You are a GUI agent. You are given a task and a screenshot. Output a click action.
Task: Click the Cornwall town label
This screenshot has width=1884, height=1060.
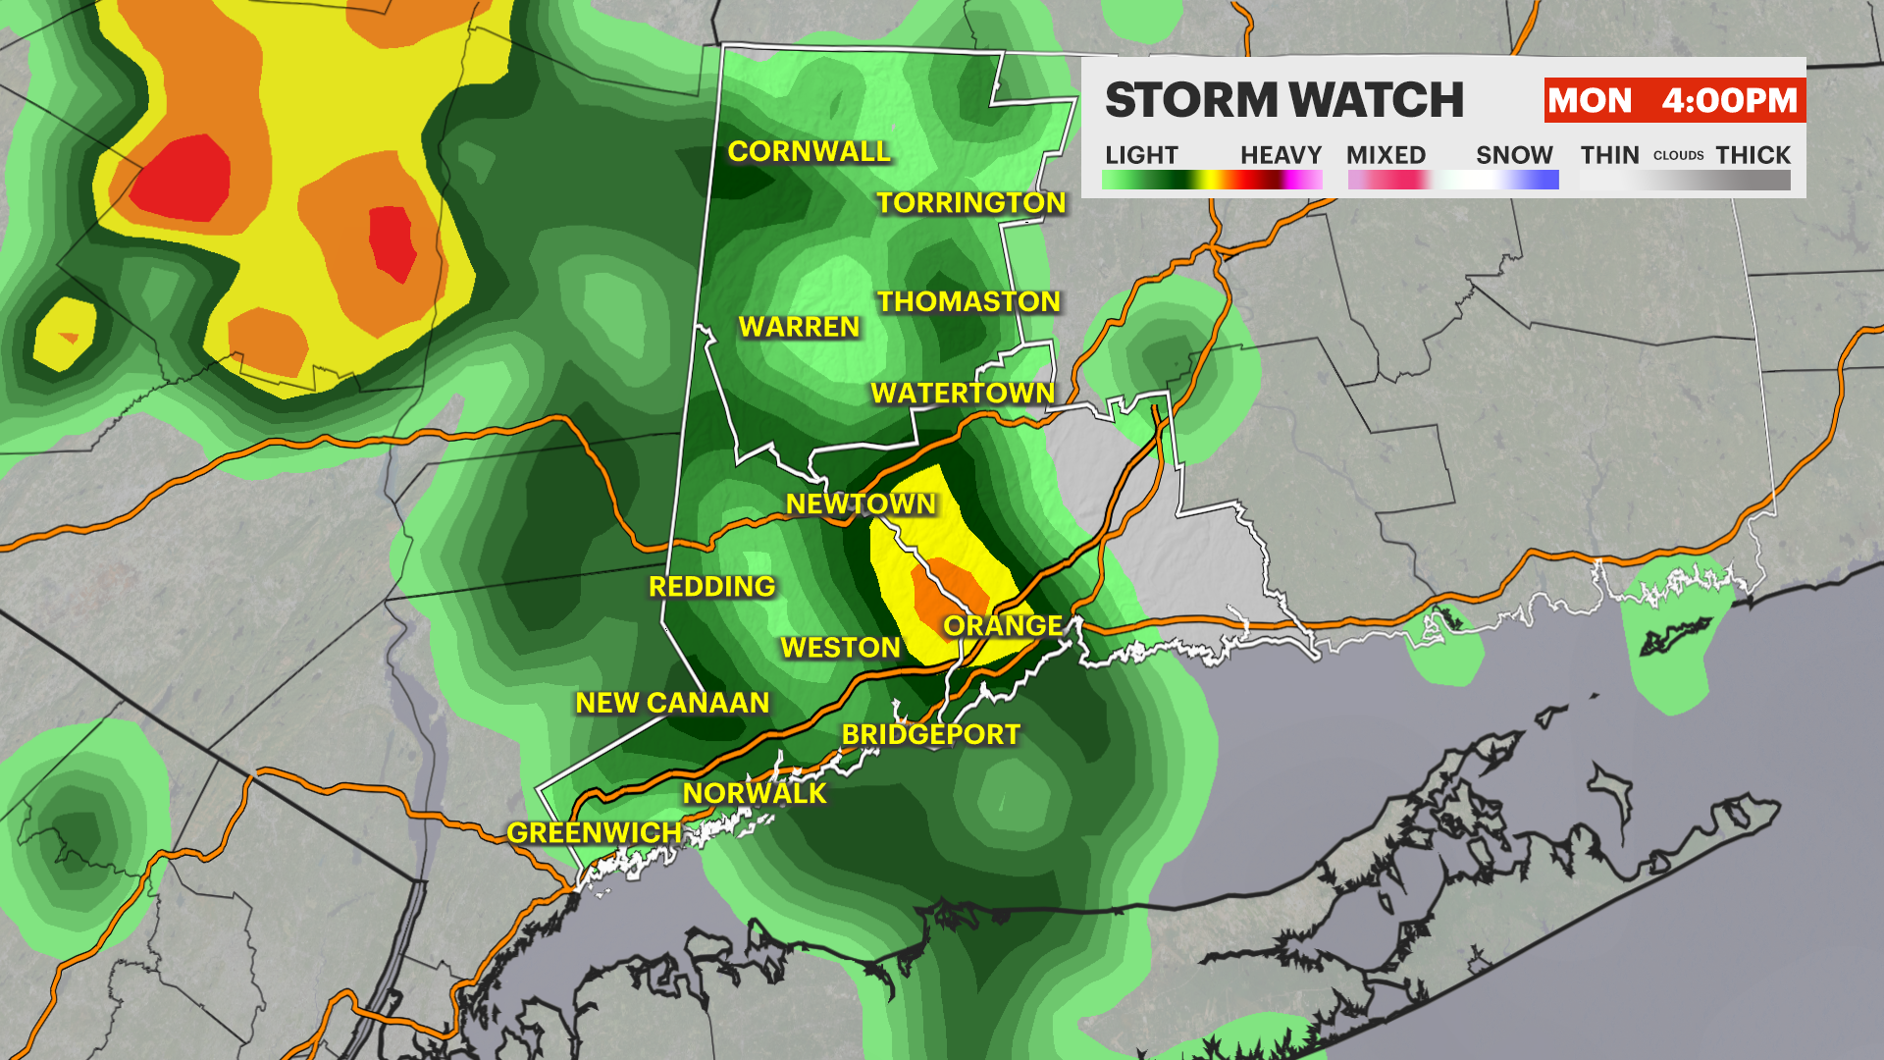809,151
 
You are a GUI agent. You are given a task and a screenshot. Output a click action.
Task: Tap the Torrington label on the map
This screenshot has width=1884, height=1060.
970,202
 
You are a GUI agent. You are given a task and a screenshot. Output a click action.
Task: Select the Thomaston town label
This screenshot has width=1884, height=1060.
968,301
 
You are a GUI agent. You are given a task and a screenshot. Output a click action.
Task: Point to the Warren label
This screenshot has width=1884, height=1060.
799,327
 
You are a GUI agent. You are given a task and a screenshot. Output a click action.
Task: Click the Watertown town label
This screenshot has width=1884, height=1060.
963,393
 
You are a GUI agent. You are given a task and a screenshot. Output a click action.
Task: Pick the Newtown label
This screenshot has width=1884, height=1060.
861,503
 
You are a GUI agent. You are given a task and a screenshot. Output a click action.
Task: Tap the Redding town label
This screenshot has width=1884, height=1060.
711,586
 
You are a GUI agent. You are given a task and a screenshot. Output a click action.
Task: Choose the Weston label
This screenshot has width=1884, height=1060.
840,648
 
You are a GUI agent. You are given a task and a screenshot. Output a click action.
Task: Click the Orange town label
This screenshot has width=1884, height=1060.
1003,625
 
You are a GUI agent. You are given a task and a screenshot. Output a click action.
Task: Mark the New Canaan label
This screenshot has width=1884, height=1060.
672,703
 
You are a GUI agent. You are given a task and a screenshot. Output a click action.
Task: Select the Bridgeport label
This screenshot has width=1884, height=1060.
931,734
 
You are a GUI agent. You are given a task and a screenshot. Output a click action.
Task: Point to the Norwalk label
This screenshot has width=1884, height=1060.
755,793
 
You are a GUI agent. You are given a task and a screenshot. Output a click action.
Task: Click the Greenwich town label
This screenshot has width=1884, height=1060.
594,832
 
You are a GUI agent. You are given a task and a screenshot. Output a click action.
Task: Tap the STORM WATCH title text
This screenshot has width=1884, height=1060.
1283,100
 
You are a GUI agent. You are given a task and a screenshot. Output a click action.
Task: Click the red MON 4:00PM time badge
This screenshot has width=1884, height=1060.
1673,100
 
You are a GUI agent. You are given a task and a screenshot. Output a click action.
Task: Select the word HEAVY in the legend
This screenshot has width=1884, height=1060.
1281,155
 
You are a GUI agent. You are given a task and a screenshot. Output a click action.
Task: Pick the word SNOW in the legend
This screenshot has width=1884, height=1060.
1514,155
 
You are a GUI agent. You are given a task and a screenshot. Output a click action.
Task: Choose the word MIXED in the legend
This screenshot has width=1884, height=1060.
1386,155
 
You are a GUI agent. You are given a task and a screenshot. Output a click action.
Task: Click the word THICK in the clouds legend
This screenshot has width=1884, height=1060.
1753,155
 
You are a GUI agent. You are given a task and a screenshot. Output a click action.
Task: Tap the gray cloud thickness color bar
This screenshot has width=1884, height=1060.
1685,181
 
